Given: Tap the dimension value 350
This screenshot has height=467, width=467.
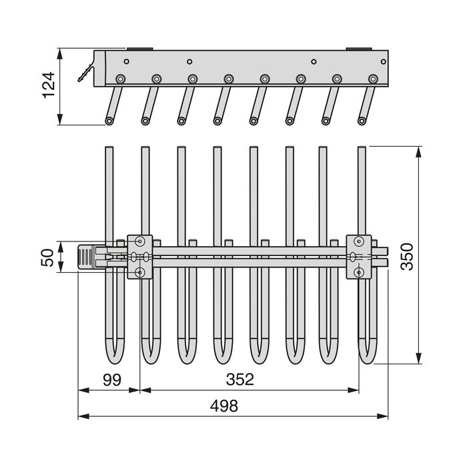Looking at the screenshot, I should click(408, 256).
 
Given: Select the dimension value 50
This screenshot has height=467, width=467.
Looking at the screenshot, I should click(47, 257).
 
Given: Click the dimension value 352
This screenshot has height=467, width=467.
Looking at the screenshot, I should click(240, 380).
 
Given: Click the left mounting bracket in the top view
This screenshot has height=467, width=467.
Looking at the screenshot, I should click(140, 256).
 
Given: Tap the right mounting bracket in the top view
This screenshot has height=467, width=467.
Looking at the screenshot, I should click(358, 256).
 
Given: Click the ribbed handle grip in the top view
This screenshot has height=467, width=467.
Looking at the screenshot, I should click(86, 257).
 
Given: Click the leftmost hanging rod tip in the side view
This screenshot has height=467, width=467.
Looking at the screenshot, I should click(109, 121).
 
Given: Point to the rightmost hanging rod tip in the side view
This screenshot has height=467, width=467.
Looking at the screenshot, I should click(362, 121).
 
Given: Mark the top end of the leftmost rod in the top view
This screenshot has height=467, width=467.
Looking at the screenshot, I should click(109, 148).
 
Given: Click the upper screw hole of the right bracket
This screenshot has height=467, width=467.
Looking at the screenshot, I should click(359, 241).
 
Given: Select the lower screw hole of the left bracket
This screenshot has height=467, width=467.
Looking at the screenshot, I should click(139, 272).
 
